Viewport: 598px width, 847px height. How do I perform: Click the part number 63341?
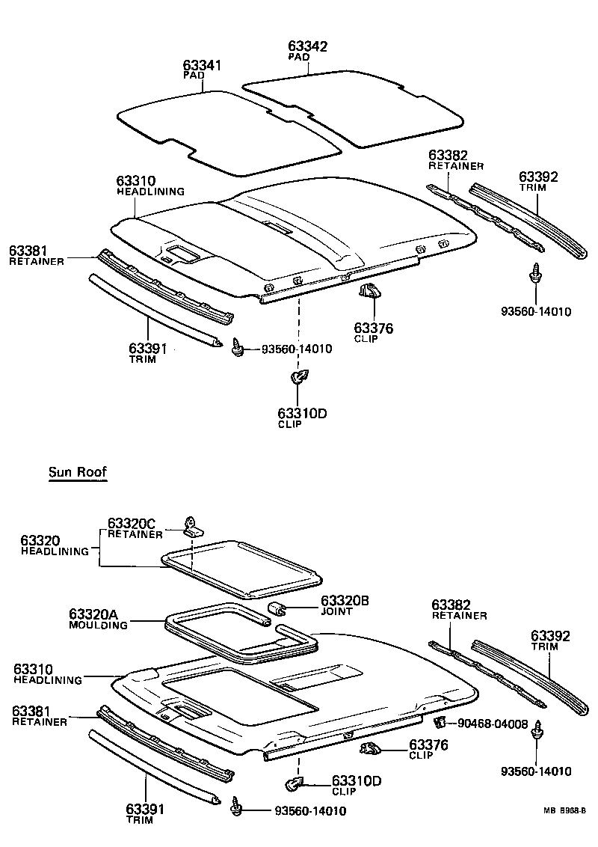point(202,65)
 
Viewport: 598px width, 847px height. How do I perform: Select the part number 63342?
point(307,46)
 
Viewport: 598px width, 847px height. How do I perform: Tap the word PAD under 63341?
point(191,76)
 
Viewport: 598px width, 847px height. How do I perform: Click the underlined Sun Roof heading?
point(78,471)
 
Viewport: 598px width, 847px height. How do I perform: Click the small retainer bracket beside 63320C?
point(192,528)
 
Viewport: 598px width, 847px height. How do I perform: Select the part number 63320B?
point(345,601)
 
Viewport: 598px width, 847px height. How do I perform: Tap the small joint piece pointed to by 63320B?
point(277,608)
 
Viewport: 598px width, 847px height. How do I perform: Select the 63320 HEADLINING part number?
point(40,540)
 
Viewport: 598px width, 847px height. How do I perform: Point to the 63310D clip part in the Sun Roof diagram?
point(294,783)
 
